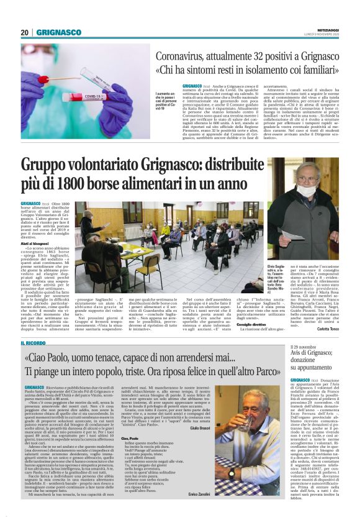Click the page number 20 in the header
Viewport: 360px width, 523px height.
click(x=25, y=32)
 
